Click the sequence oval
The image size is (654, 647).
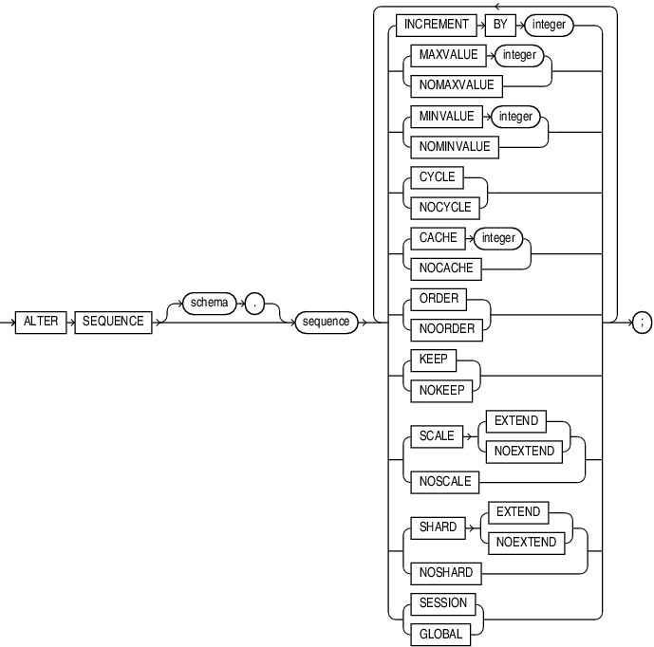323,322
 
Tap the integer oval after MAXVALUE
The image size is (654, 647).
519,56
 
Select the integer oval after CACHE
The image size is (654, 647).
497,238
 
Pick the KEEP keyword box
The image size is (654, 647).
432,360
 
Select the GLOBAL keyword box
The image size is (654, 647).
438,633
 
